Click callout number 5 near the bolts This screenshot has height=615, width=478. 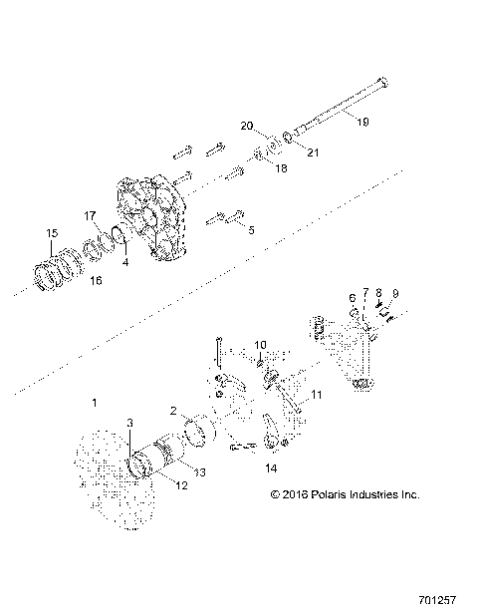[251, 229]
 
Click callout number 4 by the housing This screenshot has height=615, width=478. [124, 263]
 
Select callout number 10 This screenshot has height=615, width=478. [260, 345]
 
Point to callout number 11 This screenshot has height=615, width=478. [318, 396]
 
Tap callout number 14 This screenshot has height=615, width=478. [270, 466]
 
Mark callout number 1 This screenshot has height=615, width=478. [95, 403]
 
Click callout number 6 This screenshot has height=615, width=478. [351, 298]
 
